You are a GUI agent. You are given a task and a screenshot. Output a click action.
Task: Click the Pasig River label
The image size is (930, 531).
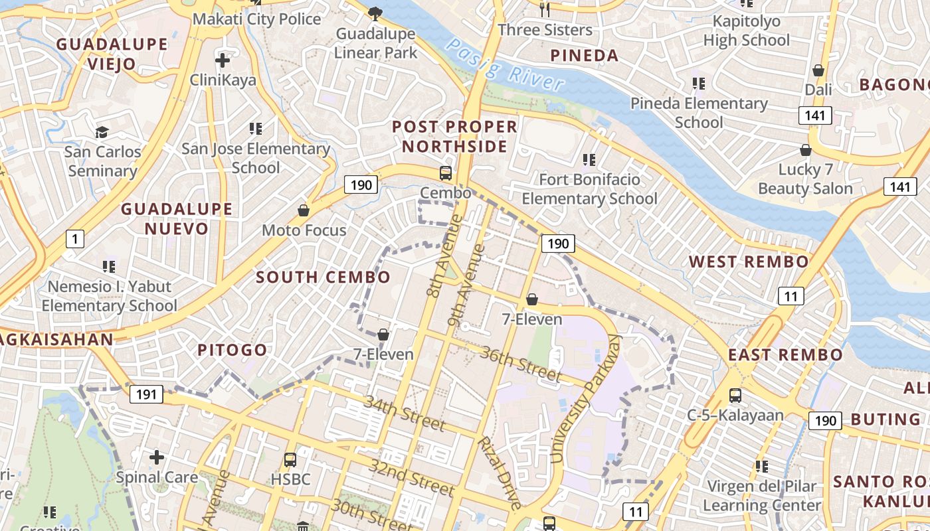click(x=505, y=65)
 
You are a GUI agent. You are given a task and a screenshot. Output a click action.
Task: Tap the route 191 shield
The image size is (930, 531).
click(x=146, y=395)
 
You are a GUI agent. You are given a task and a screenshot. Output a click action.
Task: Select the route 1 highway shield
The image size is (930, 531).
click(x=75, y=239)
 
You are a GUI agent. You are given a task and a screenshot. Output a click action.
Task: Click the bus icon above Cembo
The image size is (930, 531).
click(x=446, y=173)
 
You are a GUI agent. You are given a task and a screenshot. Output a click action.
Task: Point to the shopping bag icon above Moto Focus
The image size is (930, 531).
click(x=304, y=210)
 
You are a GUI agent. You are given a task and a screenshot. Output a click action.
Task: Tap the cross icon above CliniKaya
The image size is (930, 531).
click(x=223, y=61)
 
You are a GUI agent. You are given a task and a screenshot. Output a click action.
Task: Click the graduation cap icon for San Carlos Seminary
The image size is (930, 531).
click(x=102, y=132)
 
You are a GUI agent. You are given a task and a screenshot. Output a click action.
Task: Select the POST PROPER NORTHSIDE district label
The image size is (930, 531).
click(x=454, y=136)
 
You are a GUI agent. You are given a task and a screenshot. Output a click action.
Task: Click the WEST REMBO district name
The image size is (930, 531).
click(x=749, y=262)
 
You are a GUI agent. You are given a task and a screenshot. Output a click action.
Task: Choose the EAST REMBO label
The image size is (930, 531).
click(x=785, y=354)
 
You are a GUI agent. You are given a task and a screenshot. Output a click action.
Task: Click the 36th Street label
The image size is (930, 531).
click(x=521, y=364)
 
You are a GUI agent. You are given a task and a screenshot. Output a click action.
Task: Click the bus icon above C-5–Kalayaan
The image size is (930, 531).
click(x=735, y=396)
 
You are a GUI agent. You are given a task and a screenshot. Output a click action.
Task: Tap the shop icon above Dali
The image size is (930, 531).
click(x=818, y=70)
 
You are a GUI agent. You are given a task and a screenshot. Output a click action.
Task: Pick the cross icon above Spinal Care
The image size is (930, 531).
click(x=157, y=457)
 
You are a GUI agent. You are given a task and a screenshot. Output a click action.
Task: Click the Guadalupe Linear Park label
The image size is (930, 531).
click(x=376, y=43)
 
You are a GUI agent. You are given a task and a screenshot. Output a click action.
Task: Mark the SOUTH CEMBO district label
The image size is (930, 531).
click(x=323, y=277)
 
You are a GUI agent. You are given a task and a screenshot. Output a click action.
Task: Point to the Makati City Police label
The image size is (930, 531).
click(x=257, y=19)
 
